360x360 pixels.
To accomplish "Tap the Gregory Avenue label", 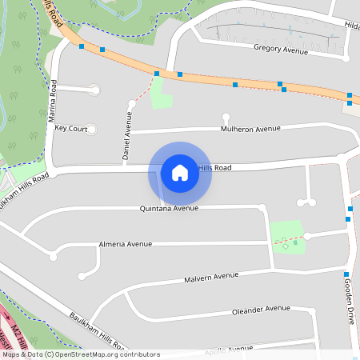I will (x=281, y=50).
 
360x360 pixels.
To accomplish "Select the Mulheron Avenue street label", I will (x=251, y=128).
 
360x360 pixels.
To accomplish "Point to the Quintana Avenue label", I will (x=168, y=208).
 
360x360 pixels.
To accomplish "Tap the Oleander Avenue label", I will (x=260, y=309).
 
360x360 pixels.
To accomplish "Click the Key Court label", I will (x=71, y=129).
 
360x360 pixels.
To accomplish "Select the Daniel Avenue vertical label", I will (x=127, y=137).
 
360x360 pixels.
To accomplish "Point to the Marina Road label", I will (x=53, y=101).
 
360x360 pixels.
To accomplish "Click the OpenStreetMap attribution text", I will (x=81, y=354).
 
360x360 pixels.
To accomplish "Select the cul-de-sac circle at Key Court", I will (x=90, y=129).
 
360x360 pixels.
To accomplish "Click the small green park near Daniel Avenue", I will (x=162, y=94).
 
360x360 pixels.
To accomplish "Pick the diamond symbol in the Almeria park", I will (x=286, y=246).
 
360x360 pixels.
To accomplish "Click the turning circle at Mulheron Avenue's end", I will (x=226, y=117).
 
